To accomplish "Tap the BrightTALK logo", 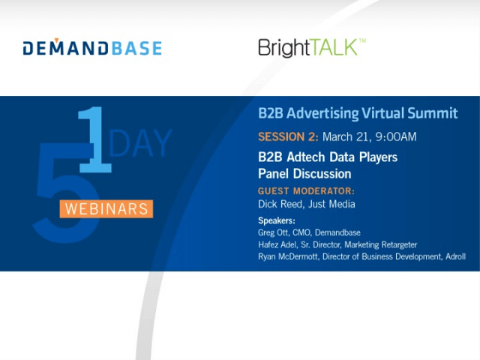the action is click(x=312, y=48).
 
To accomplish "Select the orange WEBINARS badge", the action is click(x=106, y=208).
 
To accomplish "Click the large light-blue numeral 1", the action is click(x=95, y=139).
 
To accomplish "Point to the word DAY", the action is click(x=140, y=143).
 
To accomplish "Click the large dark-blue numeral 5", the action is click(x=66, y=193).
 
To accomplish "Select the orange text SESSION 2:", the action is click(x=288, y=136).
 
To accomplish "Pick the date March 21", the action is click(x=345, y=136).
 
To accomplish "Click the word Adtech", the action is click(x=306, y=157).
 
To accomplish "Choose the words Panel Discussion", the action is click(x=304, y=173).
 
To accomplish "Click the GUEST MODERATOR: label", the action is click(x=306, y=191).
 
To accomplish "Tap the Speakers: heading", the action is click(x=277, y=220).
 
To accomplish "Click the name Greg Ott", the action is click(x=273, y=232).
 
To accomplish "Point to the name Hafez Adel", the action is click(x=277, y=244).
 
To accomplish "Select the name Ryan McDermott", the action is click(x=288, y=256).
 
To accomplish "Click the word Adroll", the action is click(x=455, y=256).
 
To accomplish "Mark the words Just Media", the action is click(x=331, y=204).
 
